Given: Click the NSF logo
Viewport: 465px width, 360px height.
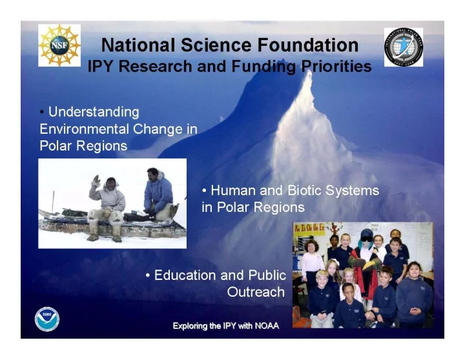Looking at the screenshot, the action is (x=59, y=45).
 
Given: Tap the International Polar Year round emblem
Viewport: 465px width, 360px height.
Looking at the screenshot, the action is (x=404, y=47).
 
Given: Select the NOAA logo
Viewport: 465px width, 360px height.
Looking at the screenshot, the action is (x=47, y=319).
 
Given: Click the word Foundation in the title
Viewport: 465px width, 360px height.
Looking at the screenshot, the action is (x=308, y=45).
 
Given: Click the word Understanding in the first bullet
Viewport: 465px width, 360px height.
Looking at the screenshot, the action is (x=94, y=112).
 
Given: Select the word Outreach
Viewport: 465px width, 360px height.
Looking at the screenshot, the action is (x=256, y=291).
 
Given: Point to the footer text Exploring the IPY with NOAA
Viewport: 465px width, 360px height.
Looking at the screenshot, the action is (x=226, y=326).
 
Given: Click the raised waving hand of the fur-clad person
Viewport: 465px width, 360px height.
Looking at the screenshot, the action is (x=96, y=180).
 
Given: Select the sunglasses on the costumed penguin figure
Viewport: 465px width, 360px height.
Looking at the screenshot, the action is (x=367, y=238).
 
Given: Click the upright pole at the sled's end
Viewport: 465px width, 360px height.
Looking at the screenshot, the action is (x=53, y=202).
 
